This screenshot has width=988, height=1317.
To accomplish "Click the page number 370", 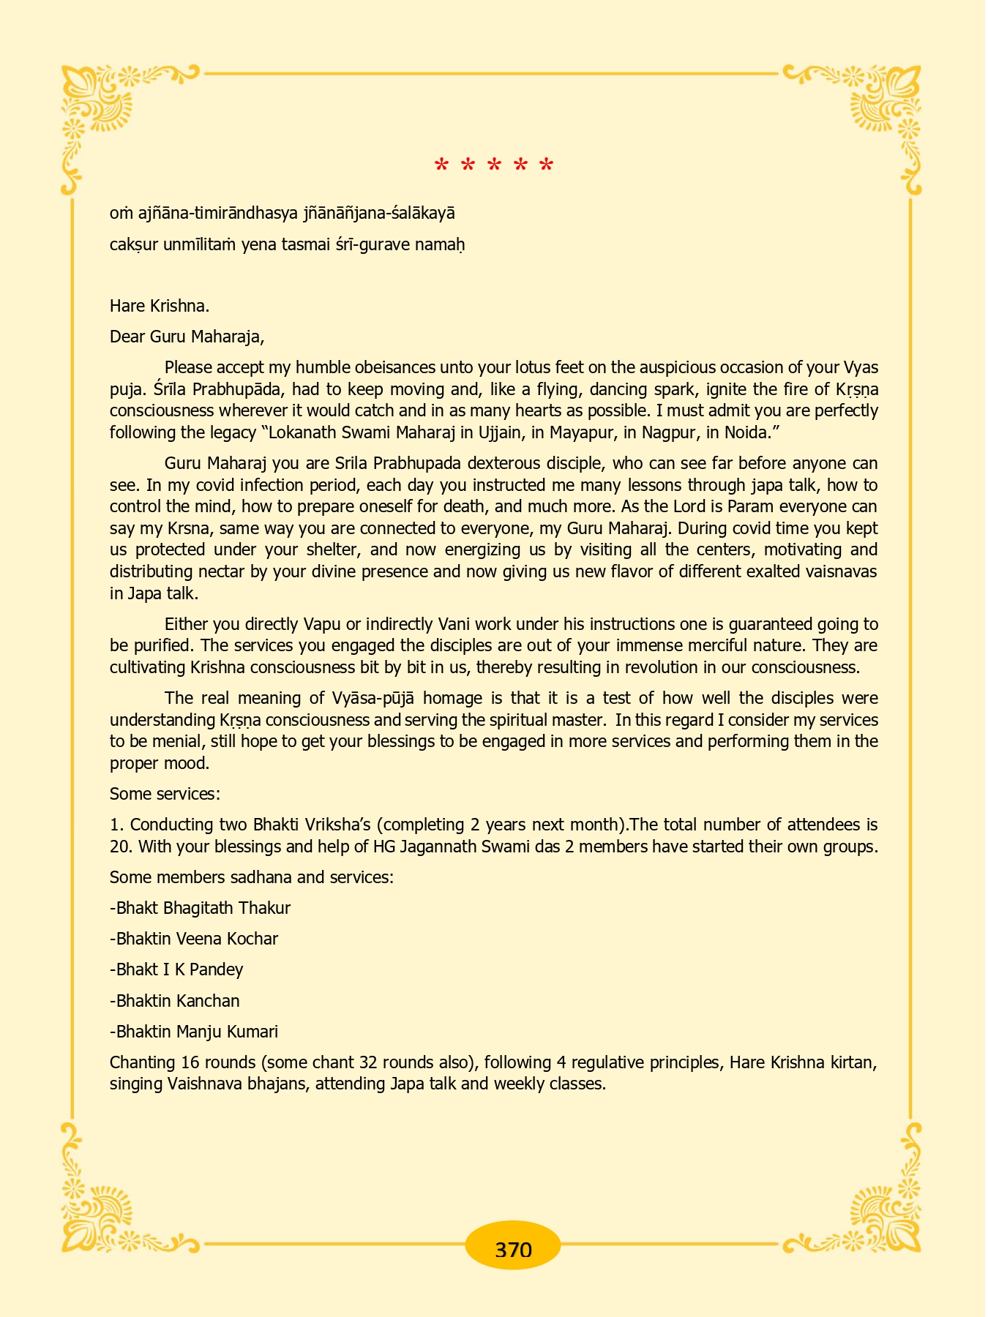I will (513, 1249).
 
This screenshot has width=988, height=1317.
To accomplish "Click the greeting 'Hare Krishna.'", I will (160, 306).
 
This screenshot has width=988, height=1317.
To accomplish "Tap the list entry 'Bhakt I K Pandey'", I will (176, 969).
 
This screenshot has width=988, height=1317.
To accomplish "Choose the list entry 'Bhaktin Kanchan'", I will (175, 1000).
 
